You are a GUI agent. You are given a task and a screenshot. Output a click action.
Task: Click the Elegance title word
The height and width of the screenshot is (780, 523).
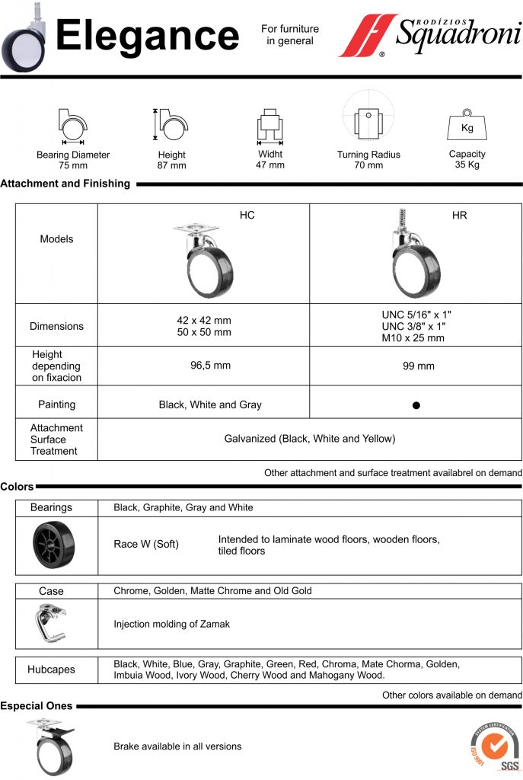(x=148, y=37)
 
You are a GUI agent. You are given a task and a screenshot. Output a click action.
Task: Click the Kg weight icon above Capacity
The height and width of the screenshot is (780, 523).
(x=467, y=126)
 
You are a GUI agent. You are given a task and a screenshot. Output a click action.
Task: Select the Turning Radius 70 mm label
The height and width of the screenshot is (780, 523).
(x=368, y=160)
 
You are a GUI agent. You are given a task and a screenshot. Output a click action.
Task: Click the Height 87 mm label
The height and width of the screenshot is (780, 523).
(x=171, y=160)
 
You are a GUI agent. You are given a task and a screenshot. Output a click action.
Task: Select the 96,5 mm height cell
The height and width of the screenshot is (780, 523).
(x=210, y=366)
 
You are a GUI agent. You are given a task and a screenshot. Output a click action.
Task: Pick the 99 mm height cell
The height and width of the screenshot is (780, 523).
(x=418, y=366)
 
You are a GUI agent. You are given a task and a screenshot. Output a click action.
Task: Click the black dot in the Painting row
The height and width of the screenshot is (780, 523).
(x=416, y=405)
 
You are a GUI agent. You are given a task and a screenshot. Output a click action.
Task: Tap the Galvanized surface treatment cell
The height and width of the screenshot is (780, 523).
(x=310, y=439)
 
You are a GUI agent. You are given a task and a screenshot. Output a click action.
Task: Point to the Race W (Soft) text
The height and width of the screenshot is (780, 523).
(x=146, y=545)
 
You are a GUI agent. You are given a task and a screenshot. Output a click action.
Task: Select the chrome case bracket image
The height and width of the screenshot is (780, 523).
(x=52, y=623)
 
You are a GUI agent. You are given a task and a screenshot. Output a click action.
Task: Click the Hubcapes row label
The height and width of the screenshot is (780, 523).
(x=52, y=670)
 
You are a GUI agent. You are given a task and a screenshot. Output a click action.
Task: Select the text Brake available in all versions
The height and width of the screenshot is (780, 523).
(x=177, y=746)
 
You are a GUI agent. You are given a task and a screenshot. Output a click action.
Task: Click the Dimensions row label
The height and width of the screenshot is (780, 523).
(x=56, y=326)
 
